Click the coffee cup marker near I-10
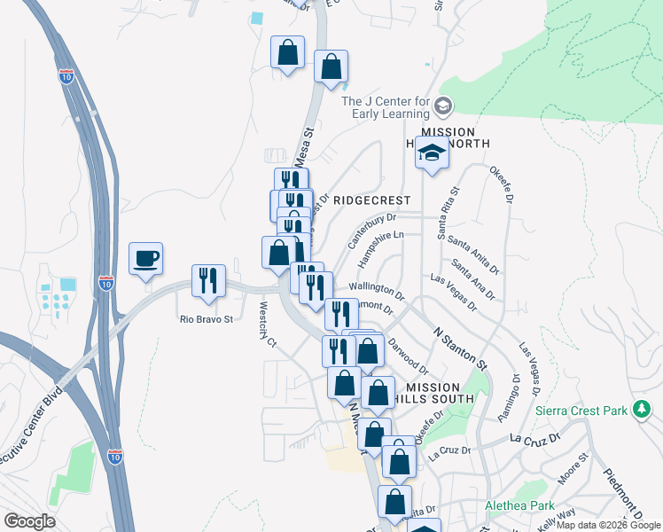click(146, 259)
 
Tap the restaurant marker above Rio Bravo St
click(209, 280)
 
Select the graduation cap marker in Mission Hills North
click(432, 154)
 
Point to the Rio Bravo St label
click(206, 319)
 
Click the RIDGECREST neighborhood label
click(371, 200)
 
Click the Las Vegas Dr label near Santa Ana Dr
click(453, 293)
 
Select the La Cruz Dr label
click(536, 438)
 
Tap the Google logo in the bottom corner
click(30, 521)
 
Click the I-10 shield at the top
click(66, 76)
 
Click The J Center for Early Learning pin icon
click(443, 108)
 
